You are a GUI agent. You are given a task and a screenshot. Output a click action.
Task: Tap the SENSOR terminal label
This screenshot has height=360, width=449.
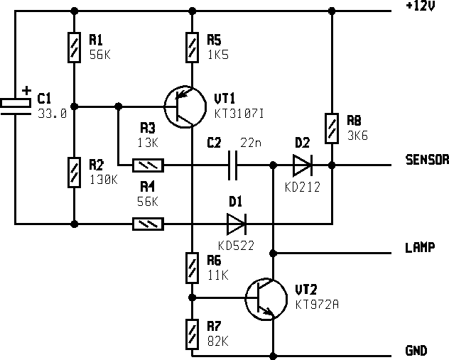click(426, 160)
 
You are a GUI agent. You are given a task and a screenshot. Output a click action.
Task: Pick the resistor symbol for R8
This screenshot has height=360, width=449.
click(332, 128)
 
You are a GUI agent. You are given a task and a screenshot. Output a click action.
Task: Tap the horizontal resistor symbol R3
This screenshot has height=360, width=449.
click(148, 166)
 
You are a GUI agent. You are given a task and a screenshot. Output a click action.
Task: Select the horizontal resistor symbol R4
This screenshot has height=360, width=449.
click(148, 224)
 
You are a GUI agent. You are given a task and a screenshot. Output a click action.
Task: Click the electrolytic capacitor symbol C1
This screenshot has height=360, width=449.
click(15, 104)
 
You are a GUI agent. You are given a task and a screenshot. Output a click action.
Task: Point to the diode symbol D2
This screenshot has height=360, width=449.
click(302, 166)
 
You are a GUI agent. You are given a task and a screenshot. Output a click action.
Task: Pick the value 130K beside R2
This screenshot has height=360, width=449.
click(104, 180)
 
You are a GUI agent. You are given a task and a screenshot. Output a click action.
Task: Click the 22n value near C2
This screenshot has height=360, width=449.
click(251, 143)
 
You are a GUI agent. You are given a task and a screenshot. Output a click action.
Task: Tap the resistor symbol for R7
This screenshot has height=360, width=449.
click(191, 334)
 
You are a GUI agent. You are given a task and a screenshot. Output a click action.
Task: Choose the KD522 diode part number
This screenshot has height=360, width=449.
click(236, 246)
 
